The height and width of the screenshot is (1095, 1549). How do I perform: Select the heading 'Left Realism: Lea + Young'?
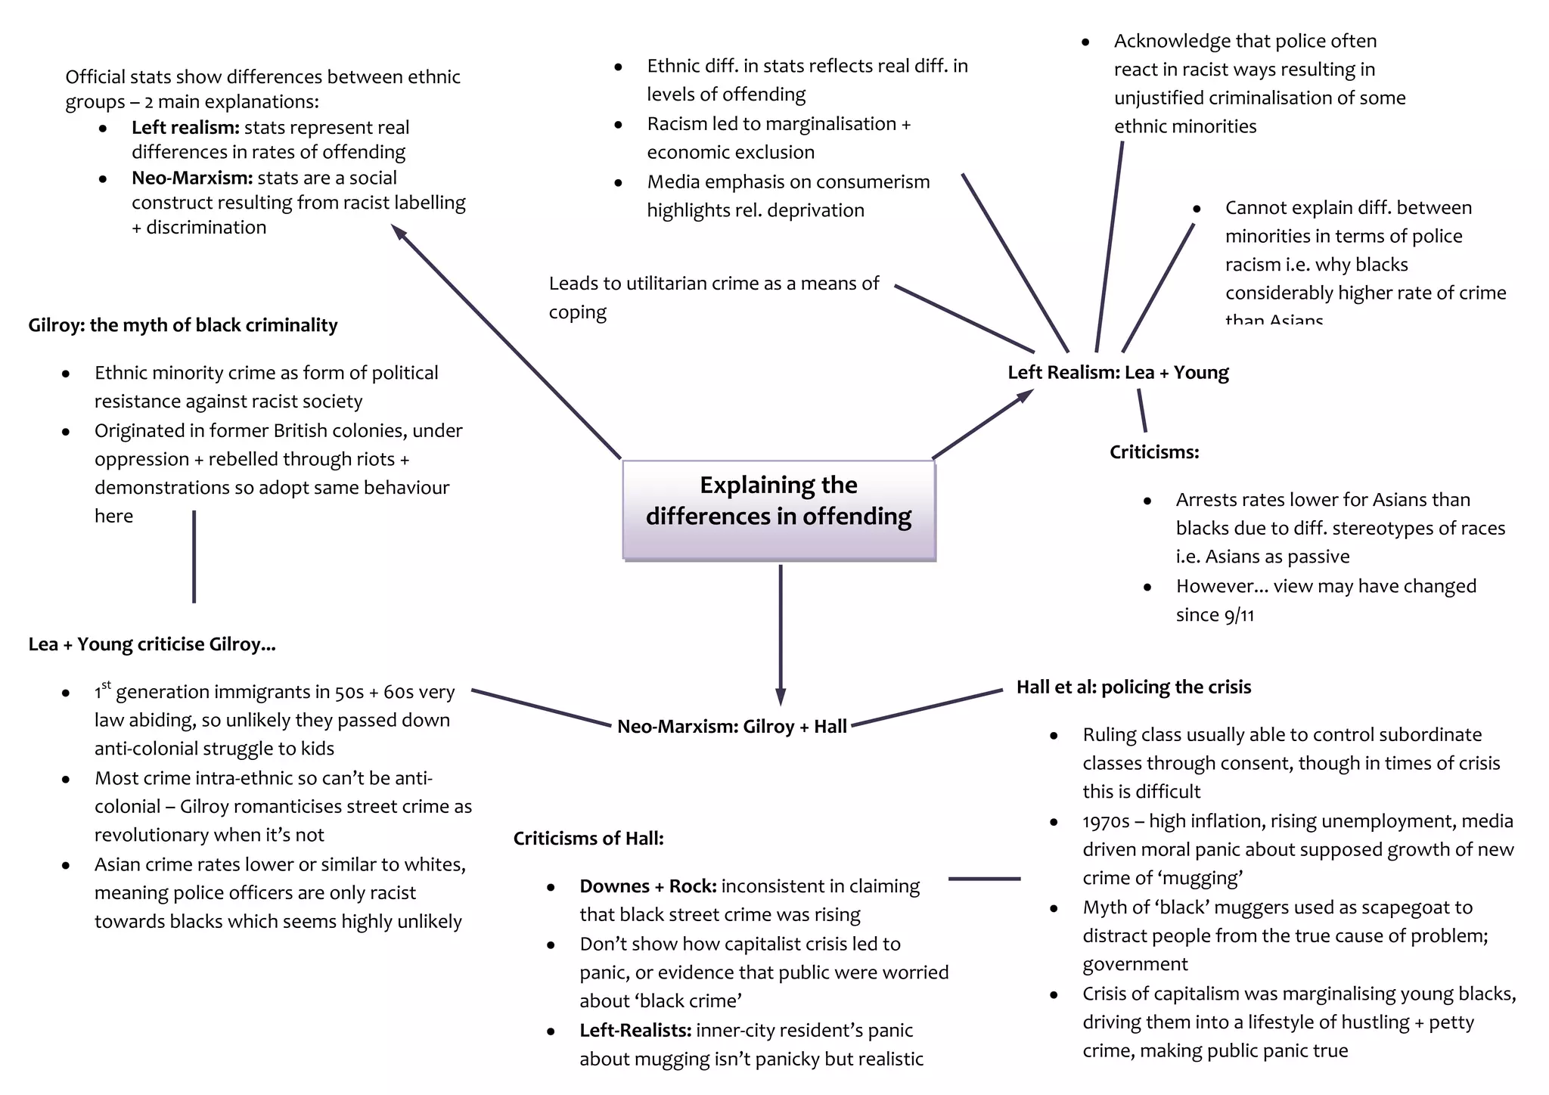[1118, 373]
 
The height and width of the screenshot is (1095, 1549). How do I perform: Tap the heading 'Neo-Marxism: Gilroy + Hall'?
[731, 727]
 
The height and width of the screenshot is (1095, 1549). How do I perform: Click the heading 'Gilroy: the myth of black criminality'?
[183, 325]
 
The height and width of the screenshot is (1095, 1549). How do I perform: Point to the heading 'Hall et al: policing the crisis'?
[1133, 687]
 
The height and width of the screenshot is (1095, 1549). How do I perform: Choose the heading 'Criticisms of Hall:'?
[588, 839]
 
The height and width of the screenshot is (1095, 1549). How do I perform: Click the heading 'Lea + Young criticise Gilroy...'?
[152, 644]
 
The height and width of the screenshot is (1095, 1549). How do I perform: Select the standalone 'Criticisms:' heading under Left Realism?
[1154, 452]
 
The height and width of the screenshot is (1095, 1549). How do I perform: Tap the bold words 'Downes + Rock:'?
[647, 886]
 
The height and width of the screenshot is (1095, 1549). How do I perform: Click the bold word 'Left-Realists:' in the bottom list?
[635, 1031]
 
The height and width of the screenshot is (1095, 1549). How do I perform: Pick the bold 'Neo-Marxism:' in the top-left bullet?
[192, 178]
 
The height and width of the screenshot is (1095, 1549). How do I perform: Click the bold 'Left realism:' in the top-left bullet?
[185, 128]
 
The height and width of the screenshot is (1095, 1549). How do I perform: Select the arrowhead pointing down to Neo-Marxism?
[781, 696]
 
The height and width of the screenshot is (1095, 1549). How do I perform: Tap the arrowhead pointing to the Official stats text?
[399, 231]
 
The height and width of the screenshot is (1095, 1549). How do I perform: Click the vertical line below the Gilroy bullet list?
[194, 557]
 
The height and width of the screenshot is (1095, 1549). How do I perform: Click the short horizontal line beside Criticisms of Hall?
[984, 879]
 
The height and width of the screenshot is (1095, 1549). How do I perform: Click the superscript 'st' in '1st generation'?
[106, 685]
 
